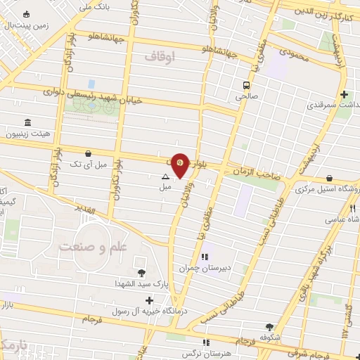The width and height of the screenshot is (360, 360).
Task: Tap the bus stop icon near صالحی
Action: (245, 85)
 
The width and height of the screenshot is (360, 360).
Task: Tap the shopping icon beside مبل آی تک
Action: (88, 153)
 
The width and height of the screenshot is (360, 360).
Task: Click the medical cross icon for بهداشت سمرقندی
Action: (343, 94)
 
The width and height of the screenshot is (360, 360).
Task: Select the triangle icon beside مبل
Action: (165, 177)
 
